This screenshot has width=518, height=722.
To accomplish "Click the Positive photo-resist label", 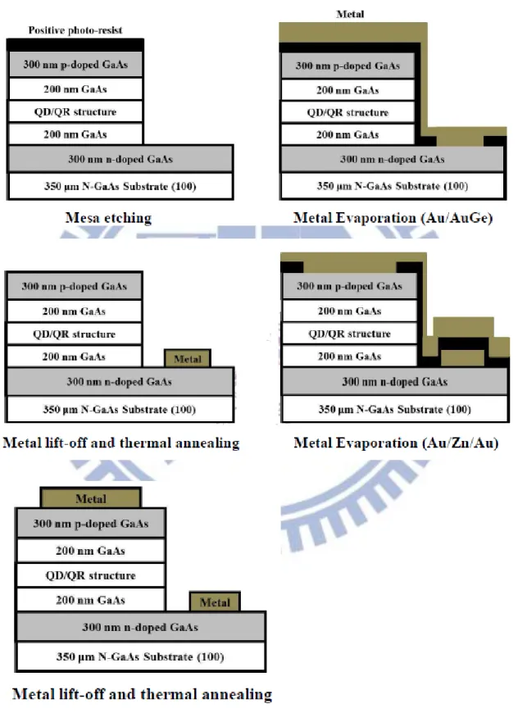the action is point(75,30).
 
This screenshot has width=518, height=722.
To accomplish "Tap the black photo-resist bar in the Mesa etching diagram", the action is point(75,45).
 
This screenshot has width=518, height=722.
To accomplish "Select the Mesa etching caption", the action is point(108,218).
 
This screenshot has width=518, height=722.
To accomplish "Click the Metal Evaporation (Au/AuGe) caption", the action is point(393,218).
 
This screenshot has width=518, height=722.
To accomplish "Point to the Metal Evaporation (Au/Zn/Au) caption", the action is point(396,443).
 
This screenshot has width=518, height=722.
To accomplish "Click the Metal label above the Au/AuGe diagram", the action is point(350,14).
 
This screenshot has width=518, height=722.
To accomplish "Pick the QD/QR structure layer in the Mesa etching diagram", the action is point(75,111).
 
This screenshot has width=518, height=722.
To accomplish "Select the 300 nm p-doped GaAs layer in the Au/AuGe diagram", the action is point(348,66).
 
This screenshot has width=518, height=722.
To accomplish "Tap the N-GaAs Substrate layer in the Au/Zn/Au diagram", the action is point(395,409).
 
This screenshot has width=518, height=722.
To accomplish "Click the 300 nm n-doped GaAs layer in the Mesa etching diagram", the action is point(120,159).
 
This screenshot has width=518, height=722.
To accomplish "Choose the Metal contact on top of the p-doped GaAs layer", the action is point(91,498).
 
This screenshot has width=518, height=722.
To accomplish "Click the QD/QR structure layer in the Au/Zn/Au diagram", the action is point(349,334).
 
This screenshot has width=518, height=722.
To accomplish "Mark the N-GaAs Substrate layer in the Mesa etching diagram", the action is point(120,186).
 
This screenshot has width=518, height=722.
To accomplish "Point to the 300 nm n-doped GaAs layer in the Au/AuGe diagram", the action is point(393,159).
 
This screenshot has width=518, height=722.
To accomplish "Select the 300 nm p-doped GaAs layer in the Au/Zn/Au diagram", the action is point(349,286).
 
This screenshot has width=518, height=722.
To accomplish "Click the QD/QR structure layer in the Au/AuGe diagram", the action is point(348,112).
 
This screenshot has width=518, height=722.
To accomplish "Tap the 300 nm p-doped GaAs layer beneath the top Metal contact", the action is point(91,524).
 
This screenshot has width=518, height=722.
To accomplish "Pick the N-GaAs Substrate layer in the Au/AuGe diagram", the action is point(393,186).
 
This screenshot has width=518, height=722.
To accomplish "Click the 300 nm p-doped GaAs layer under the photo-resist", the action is point(75,65).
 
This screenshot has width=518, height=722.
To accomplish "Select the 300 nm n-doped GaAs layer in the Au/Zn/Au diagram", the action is point(395,381).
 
